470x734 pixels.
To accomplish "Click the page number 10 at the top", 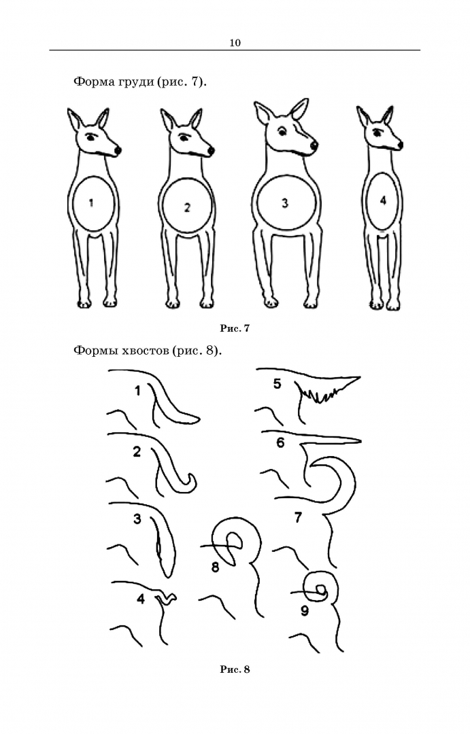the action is pyautogui.click(x=235, y=43).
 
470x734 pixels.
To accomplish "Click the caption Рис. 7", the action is pyautogui.click(x=235, y=328).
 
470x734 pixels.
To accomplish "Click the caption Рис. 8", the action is pyautogui.click(x=235, y=669).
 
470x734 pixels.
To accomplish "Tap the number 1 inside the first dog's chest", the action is pyautogui.click(x=91, y=203).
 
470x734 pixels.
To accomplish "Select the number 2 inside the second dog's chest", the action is pyautogui.click(x=187, y=207).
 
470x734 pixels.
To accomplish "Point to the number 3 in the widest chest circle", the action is pyautogui.click(x=285, y=204).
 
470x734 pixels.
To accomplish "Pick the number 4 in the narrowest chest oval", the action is pyautogui.click(x=383, y=200).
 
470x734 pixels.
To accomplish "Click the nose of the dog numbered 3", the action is pyautogui.click(x=314, y=145).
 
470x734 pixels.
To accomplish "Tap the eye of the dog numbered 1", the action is pyautogui.click(x=91, y=137).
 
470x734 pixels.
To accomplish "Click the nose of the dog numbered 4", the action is pyautogui.click(x=400, y=145).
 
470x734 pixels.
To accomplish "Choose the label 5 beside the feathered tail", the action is pyautogui.click(x=277, y=384).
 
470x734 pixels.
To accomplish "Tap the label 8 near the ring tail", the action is pyautogui.click(x=215, y=567).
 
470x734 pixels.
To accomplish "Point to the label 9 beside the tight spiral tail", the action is pyautogui.click(x=305, y=610).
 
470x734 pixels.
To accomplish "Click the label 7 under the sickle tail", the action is pyautogui.click(x=298, y=517).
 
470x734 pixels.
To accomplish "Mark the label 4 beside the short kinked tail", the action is pyautogui.click(x=141, y=598).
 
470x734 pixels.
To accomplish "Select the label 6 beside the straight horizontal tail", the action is pyautogui.click(x=280, y=442).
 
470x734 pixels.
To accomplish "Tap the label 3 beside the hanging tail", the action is pyautogui.click(x=137, y=519).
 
